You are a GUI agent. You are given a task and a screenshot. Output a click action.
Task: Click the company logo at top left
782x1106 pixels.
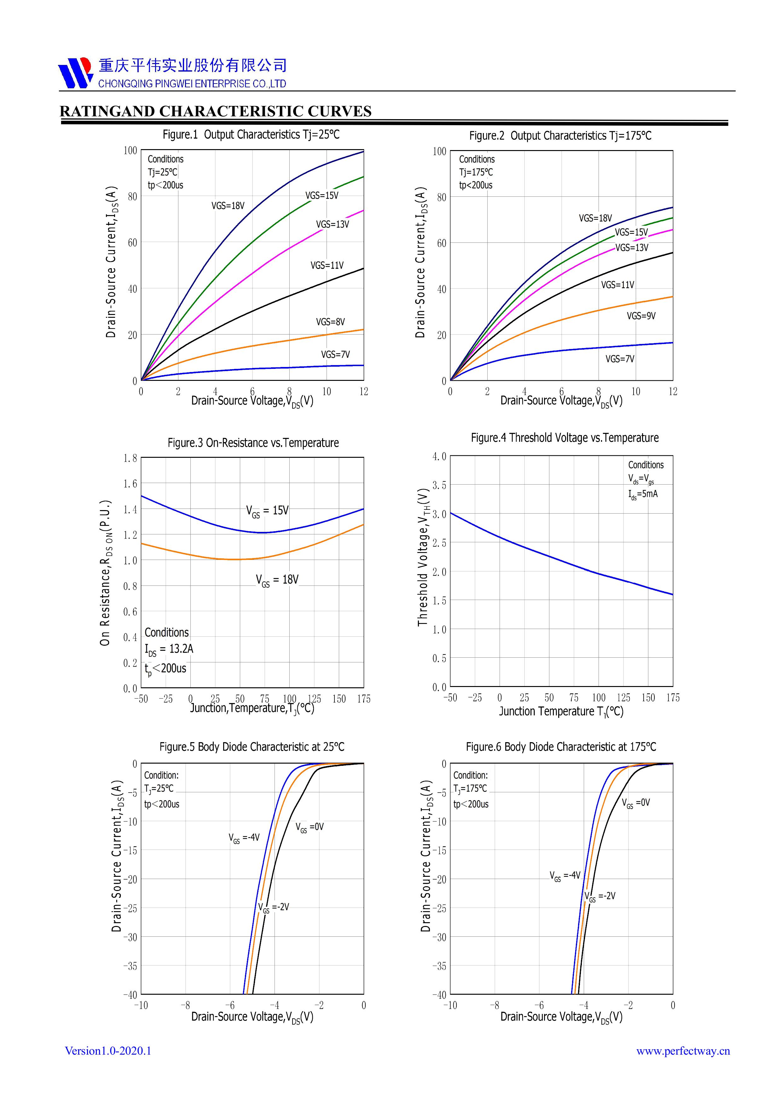(75, 73)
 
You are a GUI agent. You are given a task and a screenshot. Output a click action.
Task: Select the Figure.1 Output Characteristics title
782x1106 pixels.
(251, 134)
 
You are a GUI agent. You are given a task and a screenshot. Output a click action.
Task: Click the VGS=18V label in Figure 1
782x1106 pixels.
(228, 206)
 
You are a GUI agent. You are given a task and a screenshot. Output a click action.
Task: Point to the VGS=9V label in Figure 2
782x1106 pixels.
(641, 316)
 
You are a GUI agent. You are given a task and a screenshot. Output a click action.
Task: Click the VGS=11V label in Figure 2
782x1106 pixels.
(617, 285)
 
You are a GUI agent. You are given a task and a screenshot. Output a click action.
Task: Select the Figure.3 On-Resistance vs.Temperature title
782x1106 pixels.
(253, 443)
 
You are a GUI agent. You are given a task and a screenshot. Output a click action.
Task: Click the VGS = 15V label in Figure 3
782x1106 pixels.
(267, 511)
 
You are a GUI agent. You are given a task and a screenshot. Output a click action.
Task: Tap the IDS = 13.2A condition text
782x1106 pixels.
(169, 649)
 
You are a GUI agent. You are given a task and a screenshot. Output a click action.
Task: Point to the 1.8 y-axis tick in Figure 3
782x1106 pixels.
(130, 458)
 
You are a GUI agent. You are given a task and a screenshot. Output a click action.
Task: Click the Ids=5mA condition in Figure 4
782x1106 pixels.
(642, 494)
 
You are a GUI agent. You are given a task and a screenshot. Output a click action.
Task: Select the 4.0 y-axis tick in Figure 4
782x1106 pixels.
(439, 456)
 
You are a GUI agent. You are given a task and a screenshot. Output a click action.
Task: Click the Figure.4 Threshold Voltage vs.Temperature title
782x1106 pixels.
(564, 438)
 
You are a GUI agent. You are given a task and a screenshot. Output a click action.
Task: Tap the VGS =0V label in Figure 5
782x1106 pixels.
(310, 827)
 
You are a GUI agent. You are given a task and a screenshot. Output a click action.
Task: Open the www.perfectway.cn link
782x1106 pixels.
(683, 1051)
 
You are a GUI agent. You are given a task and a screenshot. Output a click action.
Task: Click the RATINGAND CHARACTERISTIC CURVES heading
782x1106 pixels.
(215, 111)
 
